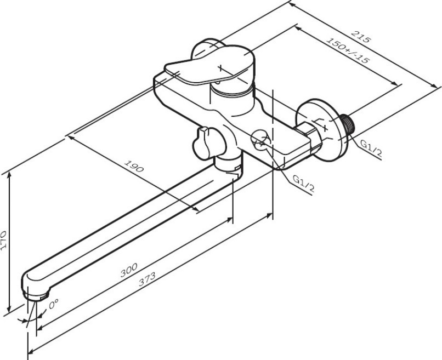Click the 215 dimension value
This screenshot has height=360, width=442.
pyautogui.click(x=360, y=36)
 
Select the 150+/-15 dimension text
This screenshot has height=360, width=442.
pyautogui.click(x=348, y=50)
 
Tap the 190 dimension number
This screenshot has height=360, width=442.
pyautogui.click(x=134, y=166)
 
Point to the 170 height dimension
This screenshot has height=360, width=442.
pyautogui.click(x=4, y=241)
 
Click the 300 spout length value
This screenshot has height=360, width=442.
pyautogui.click(x=129, y=270)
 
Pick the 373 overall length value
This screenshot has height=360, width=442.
pyautogui.click(x=147, y=279)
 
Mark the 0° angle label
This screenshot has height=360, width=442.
pyautogui.click(x=54, y=304)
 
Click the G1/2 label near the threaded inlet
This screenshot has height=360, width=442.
pyautogui.click(x=371, y=148)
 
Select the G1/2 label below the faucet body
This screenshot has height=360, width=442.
pyautogui.click(x=303, y=184)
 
